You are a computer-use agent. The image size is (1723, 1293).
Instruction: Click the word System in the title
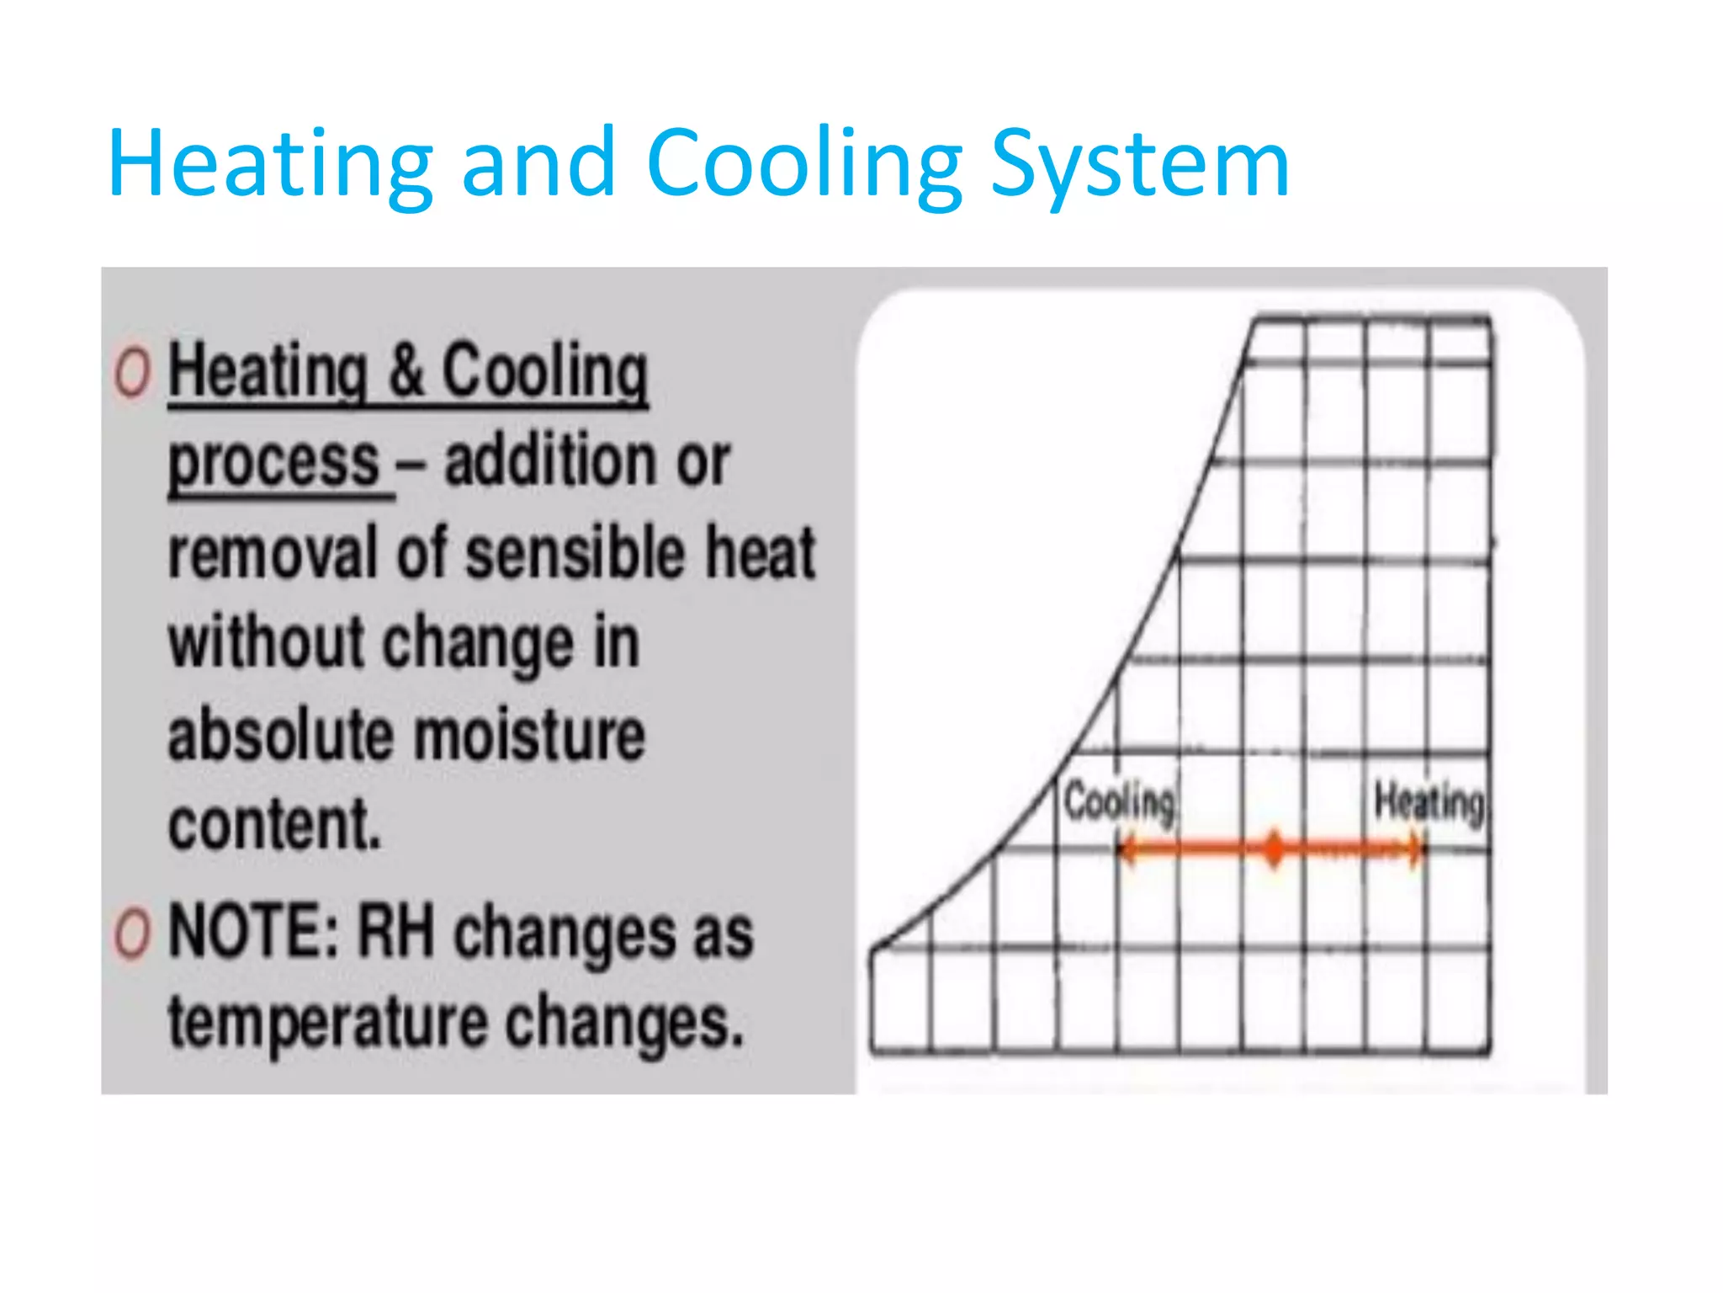point(1139,164)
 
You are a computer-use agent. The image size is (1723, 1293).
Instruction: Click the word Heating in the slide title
point(270,164)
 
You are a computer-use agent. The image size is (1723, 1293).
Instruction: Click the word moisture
point(531,735)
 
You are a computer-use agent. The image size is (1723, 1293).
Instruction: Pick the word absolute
point(281,735)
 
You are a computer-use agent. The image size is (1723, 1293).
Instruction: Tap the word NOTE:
point(253,931)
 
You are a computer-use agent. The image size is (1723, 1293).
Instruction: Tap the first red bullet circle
point(133,372)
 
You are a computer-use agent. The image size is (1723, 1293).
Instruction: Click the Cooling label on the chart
point(1120,801)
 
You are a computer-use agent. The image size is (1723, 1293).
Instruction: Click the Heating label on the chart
point(1429,801)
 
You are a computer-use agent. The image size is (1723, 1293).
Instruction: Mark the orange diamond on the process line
point(1275,849)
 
